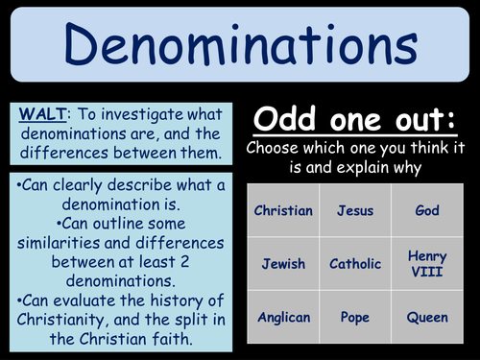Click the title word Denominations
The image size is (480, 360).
(x=240, y=43)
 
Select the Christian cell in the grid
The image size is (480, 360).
(x=282, y=209)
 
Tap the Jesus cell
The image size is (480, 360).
(x=355, y=209)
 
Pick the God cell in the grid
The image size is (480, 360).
(x=427, y=209)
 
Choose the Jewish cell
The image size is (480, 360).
(x=282, y=263)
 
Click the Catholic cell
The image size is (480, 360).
(x=355, y=263)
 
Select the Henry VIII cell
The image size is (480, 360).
(x=427, y=263)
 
